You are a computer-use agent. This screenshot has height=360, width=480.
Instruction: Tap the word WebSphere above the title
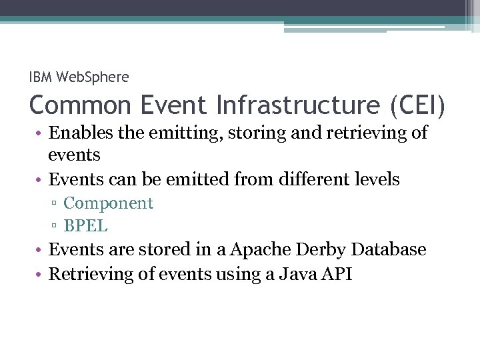tap(93, 77)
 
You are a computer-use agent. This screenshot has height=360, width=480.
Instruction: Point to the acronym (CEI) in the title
tap(414, 105)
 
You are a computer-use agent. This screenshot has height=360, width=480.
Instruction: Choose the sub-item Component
tap(108, 203)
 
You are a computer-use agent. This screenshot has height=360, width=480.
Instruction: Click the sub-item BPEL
tap(85, 226)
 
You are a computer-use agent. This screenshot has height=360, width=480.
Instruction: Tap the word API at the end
tap(336, 274)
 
